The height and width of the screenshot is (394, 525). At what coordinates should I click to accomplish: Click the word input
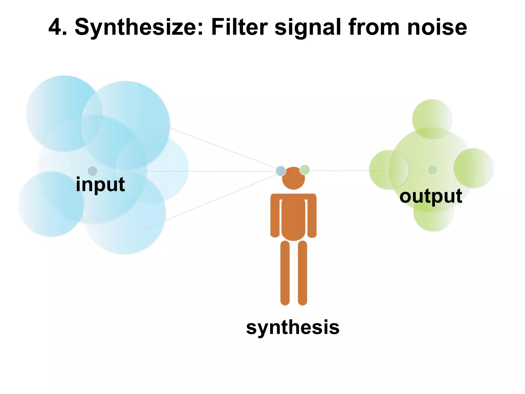(x=100, y=184)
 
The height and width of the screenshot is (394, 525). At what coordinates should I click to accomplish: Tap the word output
(x=431, y=196)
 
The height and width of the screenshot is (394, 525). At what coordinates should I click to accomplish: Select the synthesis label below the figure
(x=293, y=327)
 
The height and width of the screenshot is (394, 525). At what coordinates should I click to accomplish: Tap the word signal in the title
(x=308, y=28)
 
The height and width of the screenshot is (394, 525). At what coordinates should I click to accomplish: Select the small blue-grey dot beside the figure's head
(x=281, y=171)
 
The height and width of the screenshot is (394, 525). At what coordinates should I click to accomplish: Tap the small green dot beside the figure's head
(x=305, y=170)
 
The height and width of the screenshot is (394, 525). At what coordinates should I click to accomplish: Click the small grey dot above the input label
(x=92, y=171)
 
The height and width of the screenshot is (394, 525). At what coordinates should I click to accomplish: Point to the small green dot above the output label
(x=432, y=170)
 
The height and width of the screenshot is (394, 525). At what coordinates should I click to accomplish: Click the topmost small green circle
(x=432, y=119)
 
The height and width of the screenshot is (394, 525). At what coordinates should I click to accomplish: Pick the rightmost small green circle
(x=473, y=168)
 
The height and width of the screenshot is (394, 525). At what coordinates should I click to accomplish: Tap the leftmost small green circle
(x=389, y=170)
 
